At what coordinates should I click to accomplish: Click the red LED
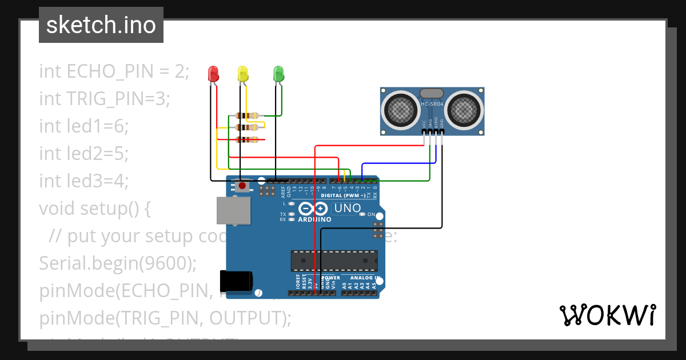(x=213, y=74)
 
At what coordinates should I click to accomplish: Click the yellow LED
(x=243, y=74)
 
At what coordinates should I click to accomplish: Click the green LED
(x=278, y=74)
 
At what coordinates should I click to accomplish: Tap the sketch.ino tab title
(x=101, y=25)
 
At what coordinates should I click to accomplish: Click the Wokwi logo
(x=607, y=315)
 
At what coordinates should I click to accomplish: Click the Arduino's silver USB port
(x=233, y=210)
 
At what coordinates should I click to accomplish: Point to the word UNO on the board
(x=347, y=209)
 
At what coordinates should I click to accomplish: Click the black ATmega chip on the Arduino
(x=334, y=260)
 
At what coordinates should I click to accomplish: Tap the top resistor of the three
(x=246, y=115)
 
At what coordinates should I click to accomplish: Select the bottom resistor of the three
(x=246, y=139)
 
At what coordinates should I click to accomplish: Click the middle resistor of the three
(x=246, y=127)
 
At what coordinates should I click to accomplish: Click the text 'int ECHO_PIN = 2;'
(x=114, y=71)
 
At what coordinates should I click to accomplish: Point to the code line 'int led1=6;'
(x=84, y=126)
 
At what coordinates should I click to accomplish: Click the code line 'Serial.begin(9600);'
(x=118, y=263)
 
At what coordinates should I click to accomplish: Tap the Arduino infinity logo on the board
(x=313, y=209)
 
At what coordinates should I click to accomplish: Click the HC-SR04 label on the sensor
(x=432, y=104)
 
